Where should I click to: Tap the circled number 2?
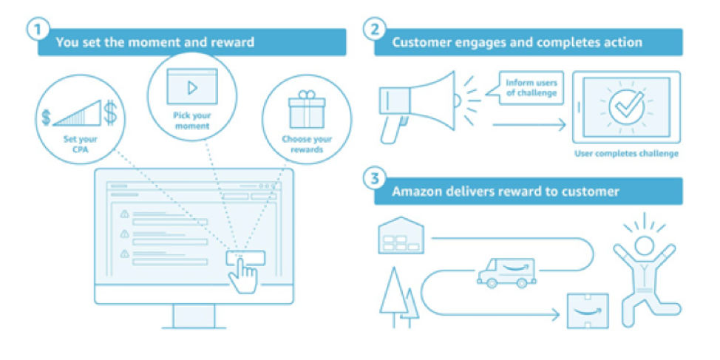click(x=375, y=31)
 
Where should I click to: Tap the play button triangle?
click(x=192, y=87)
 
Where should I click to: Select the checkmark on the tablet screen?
click(x=626, y=107)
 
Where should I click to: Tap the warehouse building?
click(x=400, y=237)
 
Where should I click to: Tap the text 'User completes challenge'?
click(x=626, y=154)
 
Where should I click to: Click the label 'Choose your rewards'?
click(x=307, y=144)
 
